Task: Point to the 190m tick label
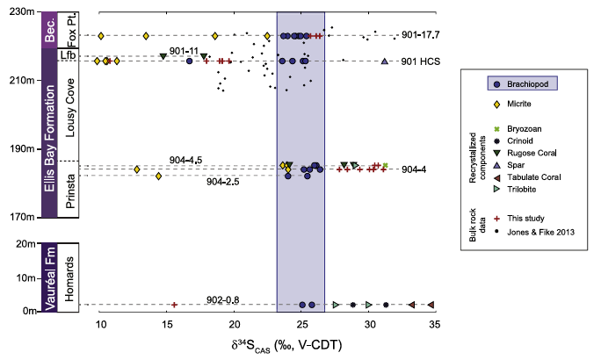click(x=19, y=148)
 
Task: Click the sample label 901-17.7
click(x=419, y=35)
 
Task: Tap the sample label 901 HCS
click(x=418, y=61)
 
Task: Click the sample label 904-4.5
click(x=186, y=160)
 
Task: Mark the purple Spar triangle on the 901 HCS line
click(x=384, y=61)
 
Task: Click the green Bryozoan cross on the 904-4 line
click(x=385, y=165)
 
